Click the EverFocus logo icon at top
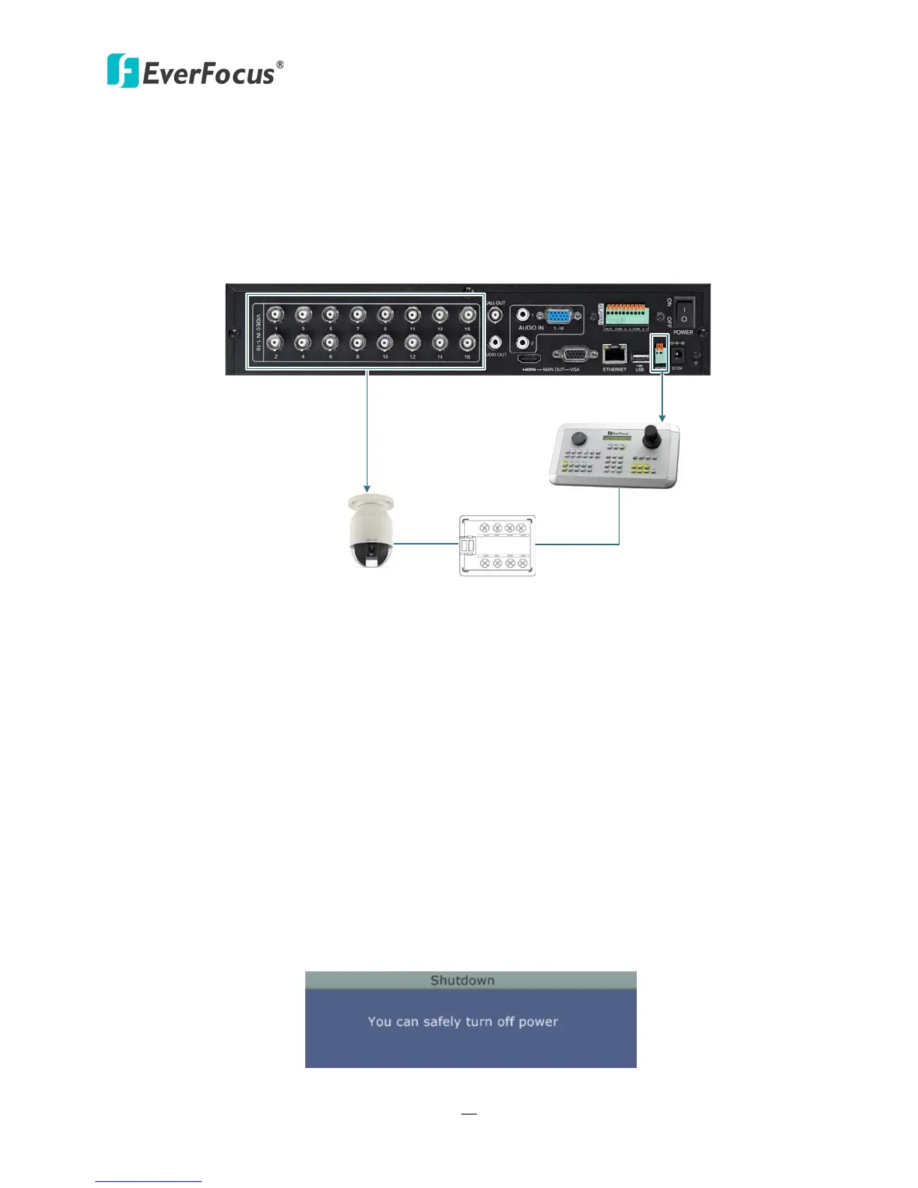(x=123, y=70)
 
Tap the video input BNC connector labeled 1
(x=276, y=314)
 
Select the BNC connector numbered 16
(x=467, y=343)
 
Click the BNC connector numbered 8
(x=358, y=343)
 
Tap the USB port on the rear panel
(x=640, y=355)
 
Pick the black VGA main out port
(x=574, y=354)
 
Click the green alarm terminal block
(x=626, y=313)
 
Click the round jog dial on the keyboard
(x=578, y=438)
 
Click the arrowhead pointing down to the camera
(x=367, y=488)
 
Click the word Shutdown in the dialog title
(x=462, y=980)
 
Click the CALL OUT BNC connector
(x=495, y=316)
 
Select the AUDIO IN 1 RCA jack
(x=523, y=316)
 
